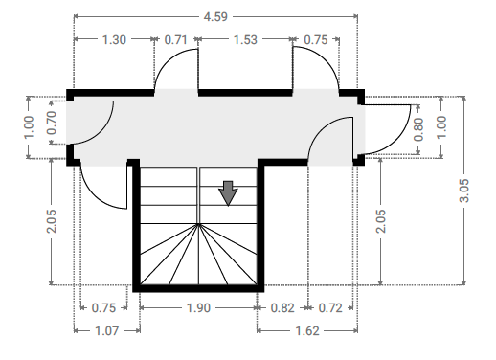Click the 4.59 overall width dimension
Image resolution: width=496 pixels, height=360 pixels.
pyautogui.click(x=215, y=16)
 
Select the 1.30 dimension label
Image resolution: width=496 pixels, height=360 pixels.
pyautogui.click(x=114, y=40)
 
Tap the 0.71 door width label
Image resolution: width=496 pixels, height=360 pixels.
pyautogui.click(x=175, y=40)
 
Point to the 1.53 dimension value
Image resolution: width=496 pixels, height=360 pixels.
pyautogui.click(x=245, y=40)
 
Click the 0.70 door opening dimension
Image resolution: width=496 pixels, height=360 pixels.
pyautogui.click(x=52, y=123)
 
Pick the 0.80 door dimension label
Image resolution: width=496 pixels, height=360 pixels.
pyautogui.click(x=418, y=129)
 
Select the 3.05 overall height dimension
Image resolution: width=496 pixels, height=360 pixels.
pyautogui.click(x=464, y=191)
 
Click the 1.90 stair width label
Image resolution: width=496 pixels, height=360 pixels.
pyautogui.click(x=198, y=308)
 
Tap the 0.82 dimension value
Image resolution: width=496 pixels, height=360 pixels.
pyautogui.click(x=282, y=308)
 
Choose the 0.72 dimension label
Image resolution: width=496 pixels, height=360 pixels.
pyautogui.click(x=330, y=308)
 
